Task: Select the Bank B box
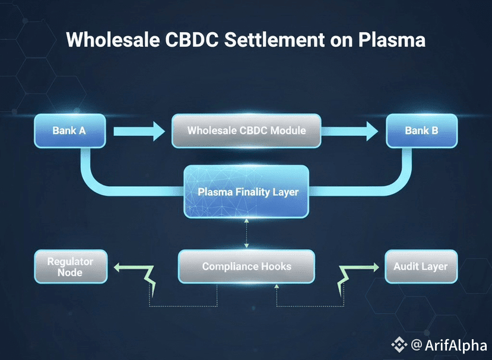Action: click(421, 130)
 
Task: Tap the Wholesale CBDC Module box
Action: click(246, 130)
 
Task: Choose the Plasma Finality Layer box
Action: click(246, 191)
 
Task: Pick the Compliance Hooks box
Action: click(246, 266)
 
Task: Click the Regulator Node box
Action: click(70, 266)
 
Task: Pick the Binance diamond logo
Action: click(400, 345)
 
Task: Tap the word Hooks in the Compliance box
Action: click(275, 266)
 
